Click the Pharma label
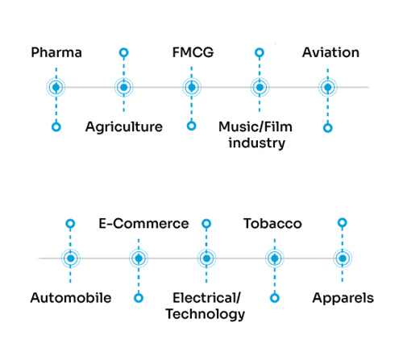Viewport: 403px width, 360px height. point(56,52)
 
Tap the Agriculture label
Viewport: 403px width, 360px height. point(124,127)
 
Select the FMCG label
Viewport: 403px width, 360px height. point(193,52)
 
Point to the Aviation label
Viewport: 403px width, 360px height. point(330,52)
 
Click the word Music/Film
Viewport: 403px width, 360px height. point(256,126)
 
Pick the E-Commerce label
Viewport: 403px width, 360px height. point(143,224)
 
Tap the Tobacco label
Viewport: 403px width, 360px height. point(272,224)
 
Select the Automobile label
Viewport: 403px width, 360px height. point(71,298)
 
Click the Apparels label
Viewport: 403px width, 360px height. point(343,298)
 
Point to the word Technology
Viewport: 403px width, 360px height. point(206,314)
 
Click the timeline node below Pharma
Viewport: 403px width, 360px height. point(56,87)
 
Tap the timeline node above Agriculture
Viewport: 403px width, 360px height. point(124,87)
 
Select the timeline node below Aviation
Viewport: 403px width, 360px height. point(328,87)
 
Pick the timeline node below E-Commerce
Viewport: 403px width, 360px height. point(139,259)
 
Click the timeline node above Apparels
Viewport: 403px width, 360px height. point(343,259)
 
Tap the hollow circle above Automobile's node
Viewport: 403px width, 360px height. point(70,224)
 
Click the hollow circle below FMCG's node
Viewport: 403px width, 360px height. point(191,126)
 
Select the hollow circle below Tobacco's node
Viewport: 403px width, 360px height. point(275,298)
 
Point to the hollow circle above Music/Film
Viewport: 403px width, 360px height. point(260,52)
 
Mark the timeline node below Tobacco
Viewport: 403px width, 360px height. point(275,259)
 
